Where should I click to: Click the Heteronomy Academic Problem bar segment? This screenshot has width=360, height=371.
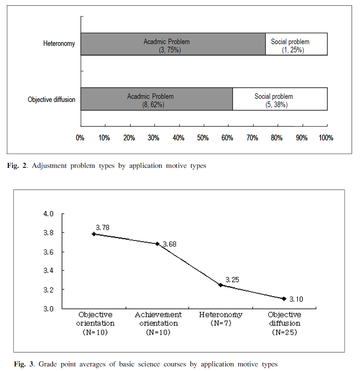173,44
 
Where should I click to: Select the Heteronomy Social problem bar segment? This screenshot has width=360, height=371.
296,44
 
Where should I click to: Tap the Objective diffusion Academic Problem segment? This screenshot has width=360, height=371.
157,99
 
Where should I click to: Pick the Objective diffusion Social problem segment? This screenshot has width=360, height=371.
280,99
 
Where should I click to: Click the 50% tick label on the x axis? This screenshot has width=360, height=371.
203,138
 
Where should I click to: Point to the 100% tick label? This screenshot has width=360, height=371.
326,138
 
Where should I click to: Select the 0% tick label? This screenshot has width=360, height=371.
80,138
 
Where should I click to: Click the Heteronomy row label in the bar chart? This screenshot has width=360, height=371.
59,44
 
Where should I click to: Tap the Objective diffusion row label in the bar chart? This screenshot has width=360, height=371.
51,99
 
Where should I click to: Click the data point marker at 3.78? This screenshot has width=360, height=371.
94,234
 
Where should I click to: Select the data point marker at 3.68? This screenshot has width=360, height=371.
157,244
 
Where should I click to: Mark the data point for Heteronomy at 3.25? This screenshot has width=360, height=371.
220,285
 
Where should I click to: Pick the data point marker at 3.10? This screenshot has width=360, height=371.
284,299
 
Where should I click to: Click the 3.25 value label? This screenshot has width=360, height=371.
232,280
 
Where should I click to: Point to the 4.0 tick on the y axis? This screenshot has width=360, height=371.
48,214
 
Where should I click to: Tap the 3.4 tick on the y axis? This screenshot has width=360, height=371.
48,270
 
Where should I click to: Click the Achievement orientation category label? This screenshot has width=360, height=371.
158,319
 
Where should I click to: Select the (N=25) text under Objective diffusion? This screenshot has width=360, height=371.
284,332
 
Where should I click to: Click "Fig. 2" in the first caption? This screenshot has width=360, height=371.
17,166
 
